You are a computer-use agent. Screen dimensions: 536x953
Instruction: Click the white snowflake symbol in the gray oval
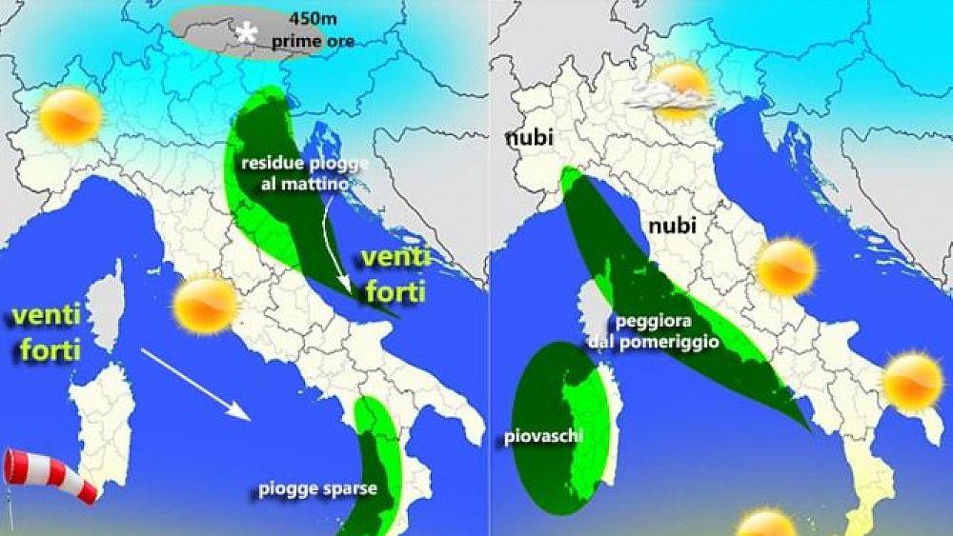[x=247, y=34]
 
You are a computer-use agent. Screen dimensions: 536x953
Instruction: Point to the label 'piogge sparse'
[x=318, y=490]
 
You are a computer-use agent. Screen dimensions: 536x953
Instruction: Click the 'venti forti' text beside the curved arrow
[x=395, y=274]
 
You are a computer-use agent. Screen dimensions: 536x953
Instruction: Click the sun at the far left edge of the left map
[x=70, y=115]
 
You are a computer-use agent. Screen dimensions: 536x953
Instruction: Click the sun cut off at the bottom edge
[x=765, y=524]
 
